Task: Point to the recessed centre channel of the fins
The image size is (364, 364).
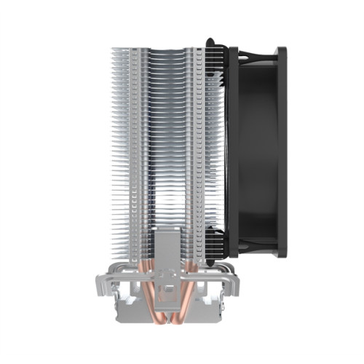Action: click(x=167, y=146)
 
